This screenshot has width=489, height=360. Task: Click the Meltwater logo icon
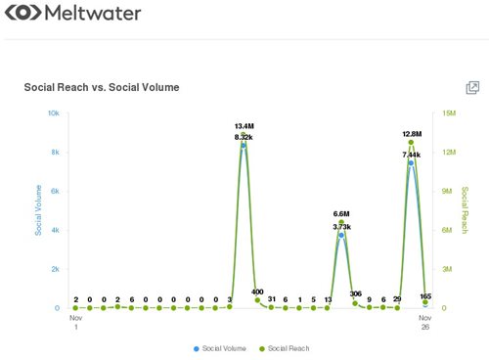click(x=23, y=14)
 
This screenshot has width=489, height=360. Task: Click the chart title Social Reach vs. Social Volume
click(x=102, y=87)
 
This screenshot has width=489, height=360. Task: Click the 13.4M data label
click(x=244, y=126)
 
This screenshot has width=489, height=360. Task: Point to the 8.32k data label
click(x=244, y=137)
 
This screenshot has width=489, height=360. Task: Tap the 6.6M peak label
click(x=341, y=214)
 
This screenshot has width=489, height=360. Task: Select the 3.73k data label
click(x=341, y=226)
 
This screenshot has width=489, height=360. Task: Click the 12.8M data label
click(x=412, y=134)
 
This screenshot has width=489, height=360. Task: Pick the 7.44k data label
click(x=412, y=155)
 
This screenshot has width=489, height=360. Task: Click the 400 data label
click(x=257, y=292)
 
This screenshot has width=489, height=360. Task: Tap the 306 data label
click(x=355, y=293)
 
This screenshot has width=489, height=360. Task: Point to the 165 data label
click(x=425, y=295)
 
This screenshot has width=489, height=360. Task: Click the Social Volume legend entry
click(x=221, y=347)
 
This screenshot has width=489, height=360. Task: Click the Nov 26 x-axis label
click(x=425, y=324)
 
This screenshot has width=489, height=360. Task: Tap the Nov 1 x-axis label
click(x=76, y=324)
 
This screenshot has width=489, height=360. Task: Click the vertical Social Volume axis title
click(x=39, y=210)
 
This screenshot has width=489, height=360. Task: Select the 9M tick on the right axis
click(x=448, y=192)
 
